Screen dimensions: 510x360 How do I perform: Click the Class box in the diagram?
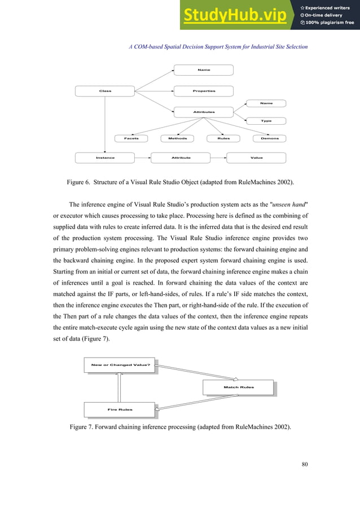tap(106, 91)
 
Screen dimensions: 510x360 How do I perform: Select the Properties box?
tap(204, 91)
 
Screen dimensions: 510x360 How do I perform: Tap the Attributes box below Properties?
tap(204, 112)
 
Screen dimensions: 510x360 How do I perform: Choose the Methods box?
tap(178, 138)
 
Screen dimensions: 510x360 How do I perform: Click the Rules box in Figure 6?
tap(223, 138)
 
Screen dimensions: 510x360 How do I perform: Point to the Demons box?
tap(270, 138)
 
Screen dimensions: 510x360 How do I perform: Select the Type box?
tap(266, 121)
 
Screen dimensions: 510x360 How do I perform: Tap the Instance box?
tap(105, 158)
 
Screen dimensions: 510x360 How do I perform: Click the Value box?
tap(257, 158)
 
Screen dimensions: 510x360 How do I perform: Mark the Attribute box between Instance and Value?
tap(181, 158)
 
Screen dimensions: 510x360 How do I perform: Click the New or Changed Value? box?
tap(120, 365)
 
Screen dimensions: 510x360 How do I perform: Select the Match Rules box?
tap(239, 387)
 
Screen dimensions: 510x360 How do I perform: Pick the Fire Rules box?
tap(120, 409)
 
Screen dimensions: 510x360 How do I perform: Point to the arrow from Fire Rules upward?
tap(120, 387)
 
